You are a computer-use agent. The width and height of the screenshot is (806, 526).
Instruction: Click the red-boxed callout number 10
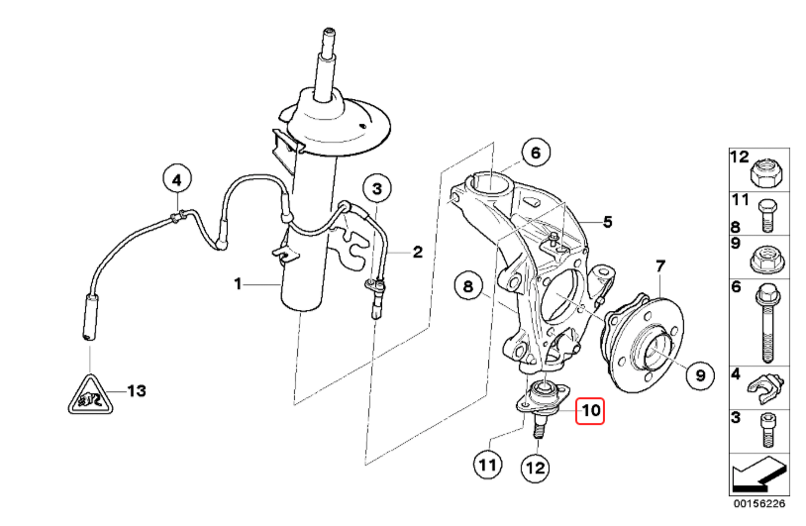[590, 411]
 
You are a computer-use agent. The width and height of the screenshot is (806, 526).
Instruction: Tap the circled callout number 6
[536, 153]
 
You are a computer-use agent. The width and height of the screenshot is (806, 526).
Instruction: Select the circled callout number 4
[177, 180]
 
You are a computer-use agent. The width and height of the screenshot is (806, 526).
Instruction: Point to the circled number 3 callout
[377, 188]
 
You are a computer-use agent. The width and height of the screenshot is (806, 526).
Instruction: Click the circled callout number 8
[467, 286]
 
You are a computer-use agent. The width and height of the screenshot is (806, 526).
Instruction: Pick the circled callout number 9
[700, 374]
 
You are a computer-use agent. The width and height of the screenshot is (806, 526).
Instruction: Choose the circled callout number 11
[487, 465]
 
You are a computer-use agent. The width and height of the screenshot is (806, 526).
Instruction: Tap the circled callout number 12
[535, 468]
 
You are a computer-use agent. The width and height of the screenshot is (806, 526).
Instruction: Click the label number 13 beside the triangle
[137, 390]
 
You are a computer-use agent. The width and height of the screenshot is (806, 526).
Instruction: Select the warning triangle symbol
[91, 395]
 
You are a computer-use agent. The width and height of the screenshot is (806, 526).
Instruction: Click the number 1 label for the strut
[238, 283]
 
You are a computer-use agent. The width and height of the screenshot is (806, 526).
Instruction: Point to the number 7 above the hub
[660, 266]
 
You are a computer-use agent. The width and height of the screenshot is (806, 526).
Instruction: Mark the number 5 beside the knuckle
[608, 222]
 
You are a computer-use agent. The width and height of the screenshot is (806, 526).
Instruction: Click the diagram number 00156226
[759, 503]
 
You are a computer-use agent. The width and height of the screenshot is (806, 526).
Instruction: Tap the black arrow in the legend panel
[759, 473]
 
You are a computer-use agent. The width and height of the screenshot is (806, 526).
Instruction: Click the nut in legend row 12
[766, 173]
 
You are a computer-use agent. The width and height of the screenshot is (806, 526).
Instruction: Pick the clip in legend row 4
[765, 388]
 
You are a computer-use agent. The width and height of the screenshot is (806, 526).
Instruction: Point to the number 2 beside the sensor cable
[418, 252]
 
